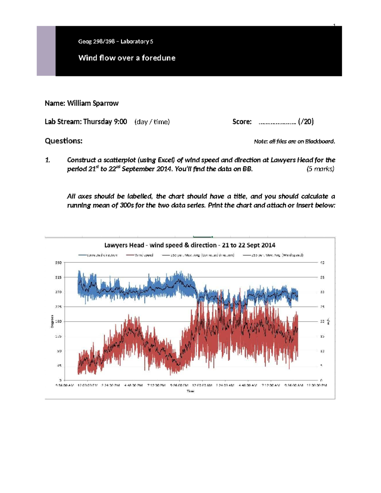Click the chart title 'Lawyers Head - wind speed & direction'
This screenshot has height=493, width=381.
tap(190, 245)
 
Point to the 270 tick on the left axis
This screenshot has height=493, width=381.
tap(58, 292)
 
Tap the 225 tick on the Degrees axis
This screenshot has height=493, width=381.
tap(58, 307)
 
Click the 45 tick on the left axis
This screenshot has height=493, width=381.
tap(59, 366)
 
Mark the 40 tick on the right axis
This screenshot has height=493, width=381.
tap(322, 263)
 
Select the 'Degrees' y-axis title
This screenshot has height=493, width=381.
tap(52, 321)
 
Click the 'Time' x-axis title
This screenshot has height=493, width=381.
tap(190, 391)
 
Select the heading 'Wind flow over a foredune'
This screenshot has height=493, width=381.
tap(127, 58)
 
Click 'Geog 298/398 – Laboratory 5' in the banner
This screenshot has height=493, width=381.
tap(116, 41)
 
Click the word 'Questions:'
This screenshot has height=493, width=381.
tap(63, 141)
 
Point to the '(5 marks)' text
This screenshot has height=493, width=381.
tap(320, 169)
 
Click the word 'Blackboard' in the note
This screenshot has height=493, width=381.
tap(319, 142)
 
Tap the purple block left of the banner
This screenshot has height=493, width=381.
tap(46, 51)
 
